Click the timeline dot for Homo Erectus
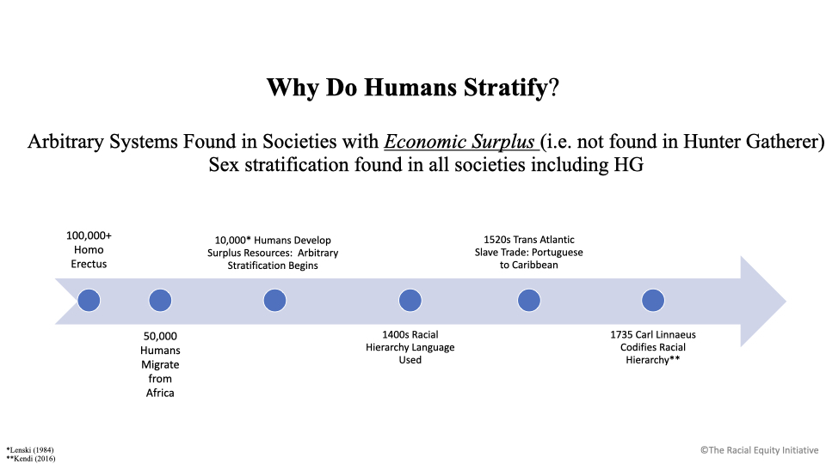pyautogui.click(x=89, y=301)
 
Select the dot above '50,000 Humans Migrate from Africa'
pyautogui.click(x=160, y=301)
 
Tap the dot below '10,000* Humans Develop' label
pyautogui.click(x=274, y=301)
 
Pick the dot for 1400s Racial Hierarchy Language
pyautogui.click(x=410, y=301)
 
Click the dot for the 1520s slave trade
pyautogui.click(x=529, y=301)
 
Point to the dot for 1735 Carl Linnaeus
pyautogui.click(x=653, y=301)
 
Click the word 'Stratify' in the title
pyautogui.click(x=506, y=88)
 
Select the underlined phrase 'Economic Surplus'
pyautogui.click(x=459, y=142)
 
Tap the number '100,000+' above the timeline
pyautogui.click(x=89, y=235)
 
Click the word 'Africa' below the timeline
pyautogui.click(x=160, y=393)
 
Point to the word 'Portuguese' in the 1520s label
pyautogui.click(x=558, y=253)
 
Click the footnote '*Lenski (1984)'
pyautogui.click(x=30, y=449)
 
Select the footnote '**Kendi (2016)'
pyautogui.click(x=31, y=459)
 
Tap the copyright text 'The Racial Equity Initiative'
pyautogui.click(x=763, y=450)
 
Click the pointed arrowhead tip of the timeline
pyautogui.click(x=786, y=302)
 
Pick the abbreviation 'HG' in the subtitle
pyautogui.click(x=628, y=165)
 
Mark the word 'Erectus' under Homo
pyautogui.click(x=89, y=264)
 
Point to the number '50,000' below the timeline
pyautogui.click(x=160, y=336)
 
